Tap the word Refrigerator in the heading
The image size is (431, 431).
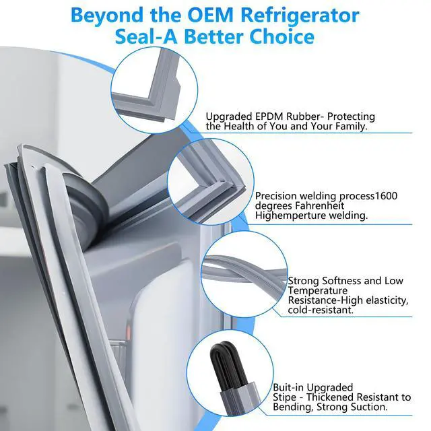tap(300, 16)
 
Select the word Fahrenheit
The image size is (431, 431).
tap(320, 205)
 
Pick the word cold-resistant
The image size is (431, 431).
tap(321, 310)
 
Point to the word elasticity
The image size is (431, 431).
tap(387, 300)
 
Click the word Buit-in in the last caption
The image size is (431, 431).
tap(288, 388)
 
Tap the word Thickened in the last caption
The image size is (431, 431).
tap(328, 397)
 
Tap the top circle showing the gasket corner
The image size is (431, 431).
tap(154, 90)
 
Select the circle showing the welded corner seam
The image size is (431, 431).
tap(210, 182)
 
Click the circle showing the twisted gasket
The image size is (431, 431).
tap(244, 274)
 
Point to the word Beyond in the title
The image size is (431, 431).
tap(107, 16)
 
